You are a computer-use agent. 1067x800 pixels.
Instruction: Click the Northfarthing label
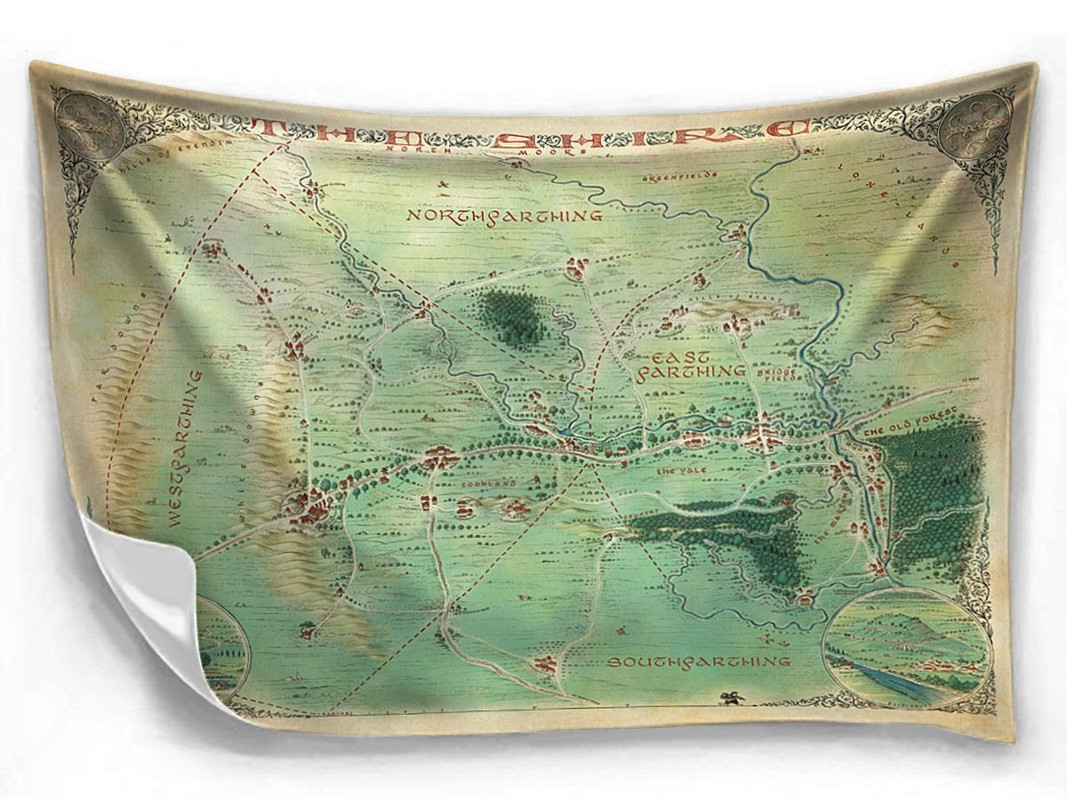[x=503, y=215]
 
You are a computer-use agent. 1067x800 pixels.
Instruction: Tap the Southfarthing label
[x=698, y=661]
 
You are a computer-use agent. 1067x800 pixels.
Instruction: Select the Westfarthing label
[x=184, y=449]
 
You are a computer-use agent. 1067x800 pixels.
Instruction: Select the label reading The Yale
[x=673, y=471]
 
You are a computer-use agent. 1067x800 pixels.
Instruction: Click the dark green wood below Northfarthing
[x=513, y=315]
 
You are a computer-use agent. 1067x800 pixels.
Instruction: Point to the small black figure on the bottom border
[x=733, y=699]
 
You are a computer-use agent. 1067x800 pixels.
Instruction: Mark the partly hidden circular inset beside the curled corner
[x=222, y=649]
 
